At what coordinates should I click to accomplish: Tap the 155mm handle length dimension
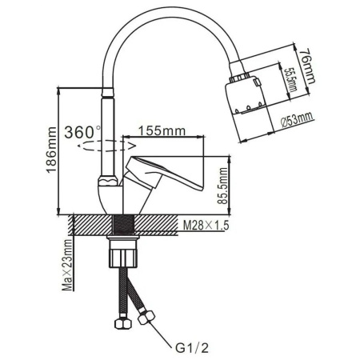pos(158,130)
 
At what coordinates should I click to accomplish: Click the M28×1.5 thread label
pos(206,226)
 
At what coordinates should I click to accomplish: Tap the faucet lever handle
pos(168,172)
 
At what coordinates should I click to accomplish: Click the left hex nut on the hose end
pos(122,325)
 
